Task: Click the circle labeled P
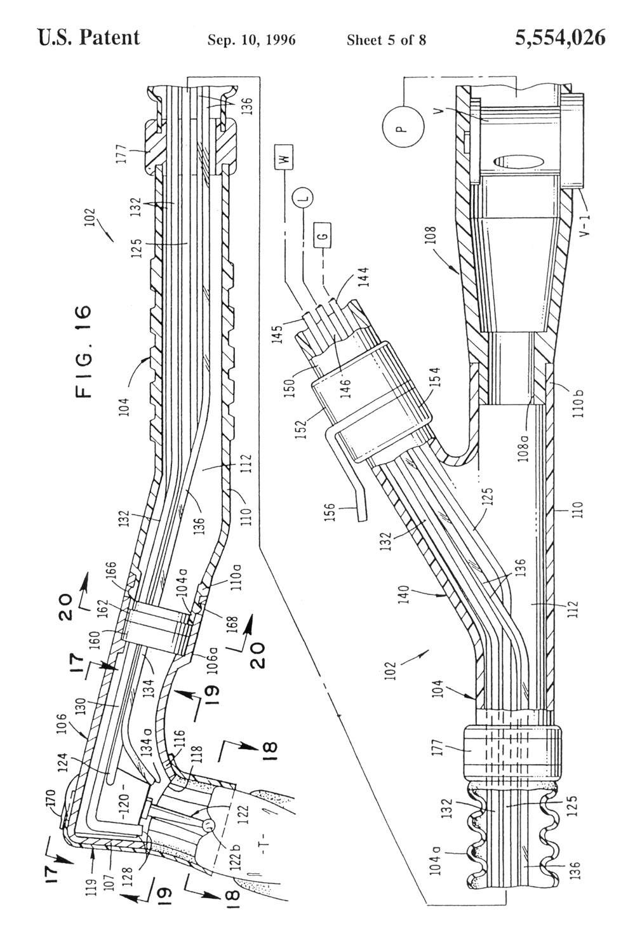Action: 403,125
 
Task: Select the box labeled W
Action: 284,158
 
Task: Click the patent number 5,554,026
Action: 559,37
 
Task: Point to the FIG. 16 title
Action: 84,351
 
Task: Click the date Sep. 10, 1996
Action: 251,40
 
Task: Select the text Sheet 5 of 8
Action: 386,40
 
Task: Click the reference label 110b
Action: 579,403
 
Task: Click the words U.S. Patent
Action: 89,37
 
